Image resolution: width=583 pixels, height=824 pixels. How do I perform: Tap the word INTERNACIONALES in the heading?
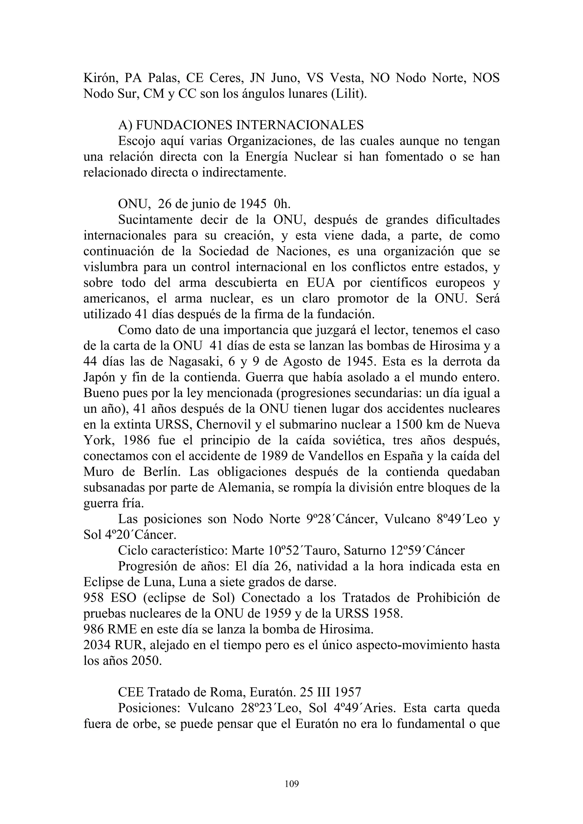coord(299,125)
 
